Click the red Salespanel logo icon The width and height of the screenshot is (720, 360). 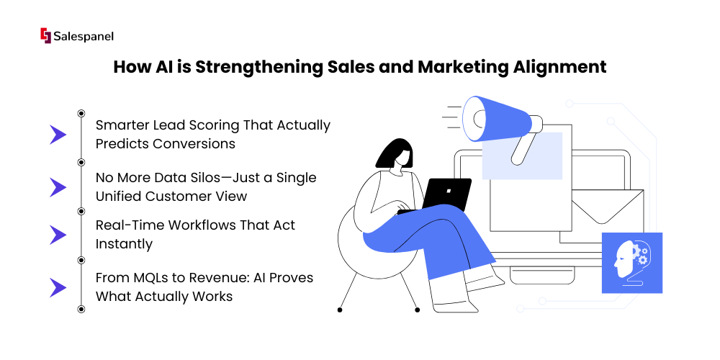click(x=45, y=35)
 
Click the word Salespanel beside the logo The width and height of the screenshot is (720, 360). click(x=84, y=36)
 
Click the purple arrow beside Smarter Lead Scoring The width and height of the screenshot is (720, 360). click(x=58, y=135)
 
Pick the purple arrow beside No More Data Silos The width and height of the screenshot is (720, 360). click(x=58, y=187)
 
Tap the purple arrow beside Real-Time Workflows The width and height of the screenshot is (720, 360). click(x=58, y=235)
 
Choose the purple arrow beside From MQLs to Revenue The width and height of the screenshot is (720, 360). click(x=58, y=287)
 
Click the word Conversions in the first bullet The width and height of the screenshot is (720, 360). click(x=194, y=144)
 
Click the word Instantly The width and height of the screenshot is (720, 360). click(x=124, y=245)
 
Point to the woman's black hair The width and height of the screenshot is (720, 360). click(x=394, y=153)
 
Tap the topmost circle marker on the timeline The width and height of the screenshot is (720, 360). click(x=81, y=113)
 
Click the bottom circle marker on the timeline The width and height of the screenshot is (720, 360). click(x=81, y=309)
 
